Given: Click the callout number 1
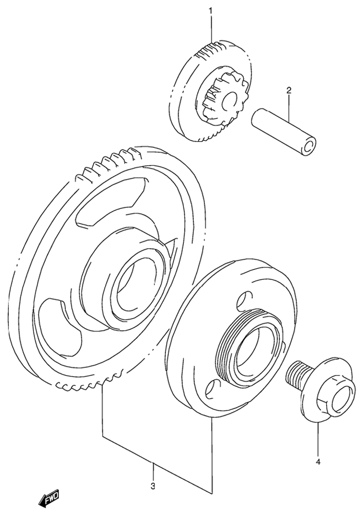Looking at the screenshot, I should [210, 10].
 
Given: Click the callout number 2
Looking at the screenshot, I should [289, 90].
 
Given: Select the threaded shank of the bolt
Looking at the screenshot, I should [297, 375].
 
